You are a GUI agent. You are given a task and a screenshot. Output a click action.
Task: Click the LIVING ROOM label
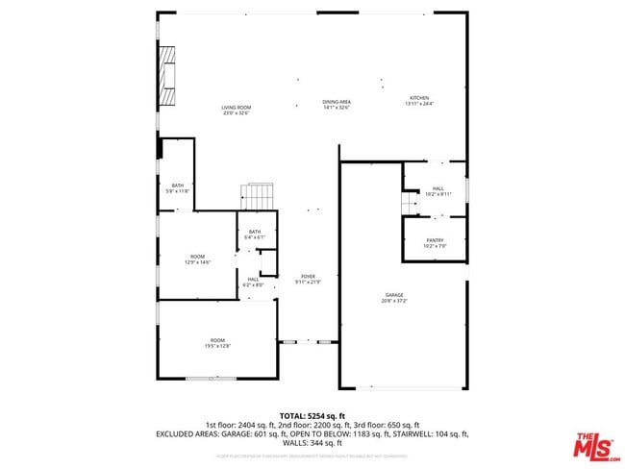tap(236, 108)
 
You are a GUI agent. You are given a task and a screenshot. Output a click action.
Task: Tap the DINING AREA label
tap(336, 102)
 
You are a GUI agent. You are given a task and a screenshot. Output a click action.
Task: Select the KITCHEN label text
tap(419, 98)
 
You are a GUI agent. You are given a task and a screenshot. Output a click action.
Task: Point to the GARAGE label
tap(393, 295)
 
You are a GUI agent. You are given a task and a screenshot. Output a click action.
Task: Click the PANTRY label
tap(434, 240)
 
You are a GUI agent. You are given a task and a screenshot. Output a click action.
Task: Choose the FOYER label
tap(308, 276)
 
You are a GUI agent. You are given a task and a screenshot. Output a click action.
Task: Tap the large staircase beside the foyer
tap(258, 197)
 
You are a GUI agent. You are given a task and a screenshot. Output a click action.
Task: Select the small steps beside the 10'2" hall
tap(407, 204)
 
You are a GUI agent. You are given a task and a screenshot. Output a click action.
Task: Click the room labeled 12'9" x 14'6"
tap(197, 259)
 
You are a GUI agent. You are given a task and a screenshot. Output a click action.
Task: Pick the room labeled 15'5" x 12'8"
tap(218, 343)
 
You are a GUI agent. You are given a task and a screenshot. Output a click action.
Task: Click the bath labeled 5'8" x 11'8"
tap(177, 188)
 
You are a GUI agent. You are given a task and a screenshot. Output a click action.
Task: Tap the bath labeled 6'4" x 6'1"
tap(255, 234)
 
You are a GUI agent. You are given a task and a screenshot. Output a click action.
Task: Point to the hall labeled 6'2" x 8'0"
tap(252, 282)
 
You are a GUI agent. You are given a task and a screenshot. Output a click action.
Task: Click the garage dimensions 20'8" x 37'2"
tap(393, 301)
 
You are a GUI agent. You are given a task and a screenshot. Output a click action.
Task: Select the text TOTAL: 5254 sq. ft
tap(312, 415)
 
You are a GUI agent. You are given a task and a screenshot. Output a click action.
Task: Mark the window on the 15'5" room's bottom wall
tap(211, 378)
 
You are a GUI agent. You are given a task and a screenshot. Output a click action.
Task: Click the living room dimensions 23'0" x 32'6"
tap(236, 113)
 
